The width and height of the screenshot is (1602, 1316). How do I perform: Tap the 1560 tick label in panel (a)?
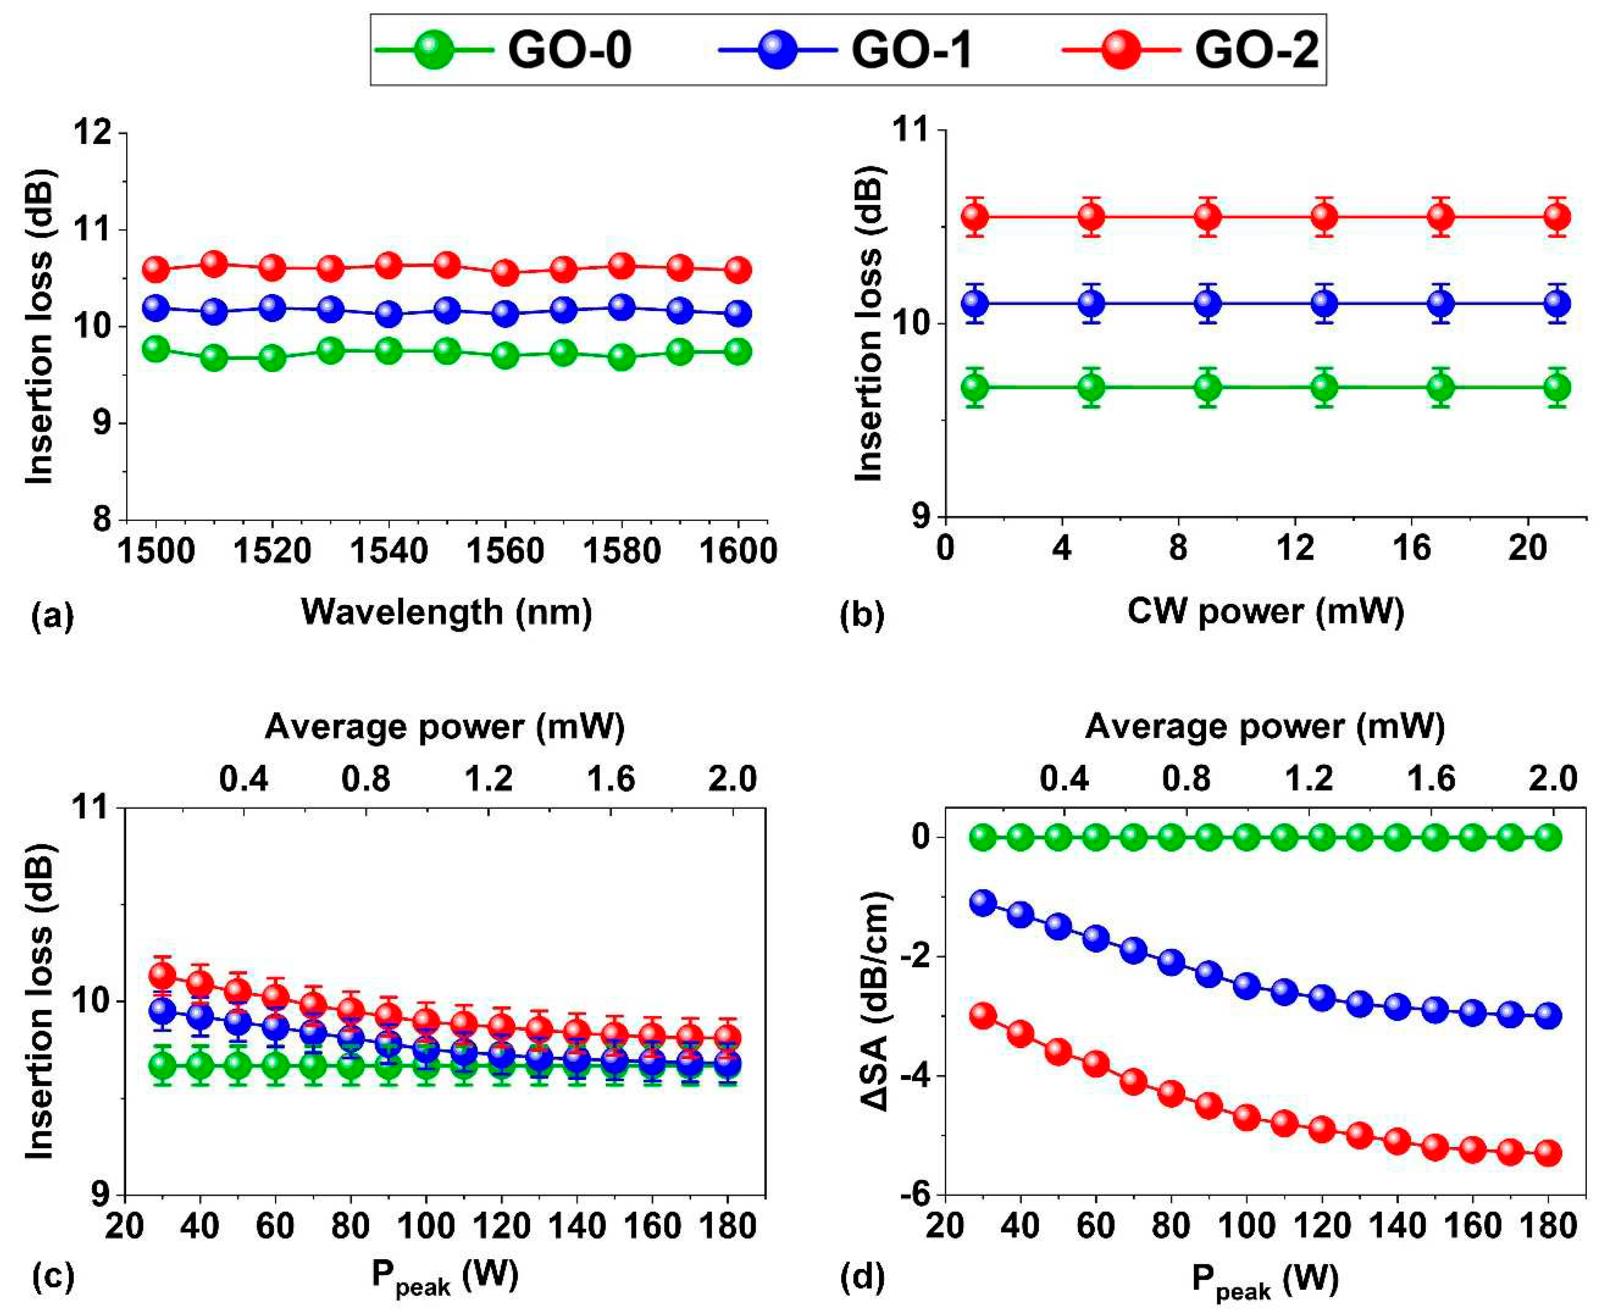coord(505,551)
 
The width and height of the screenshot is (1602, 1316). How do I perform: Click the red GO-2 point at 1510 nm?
coord(215,264)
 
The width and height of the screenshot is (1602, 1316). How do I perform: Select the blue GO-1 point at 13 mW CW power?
coord(1324,303)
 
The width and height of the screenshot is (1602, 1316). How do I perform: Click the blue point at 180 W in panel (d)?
coord(1548,1016)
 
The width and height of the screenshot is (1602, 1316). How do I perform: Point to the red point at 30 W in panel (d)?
coord(983,1016)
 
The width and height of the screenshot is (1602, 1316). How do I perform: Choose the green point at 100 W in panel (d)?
coord(1246,838)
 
